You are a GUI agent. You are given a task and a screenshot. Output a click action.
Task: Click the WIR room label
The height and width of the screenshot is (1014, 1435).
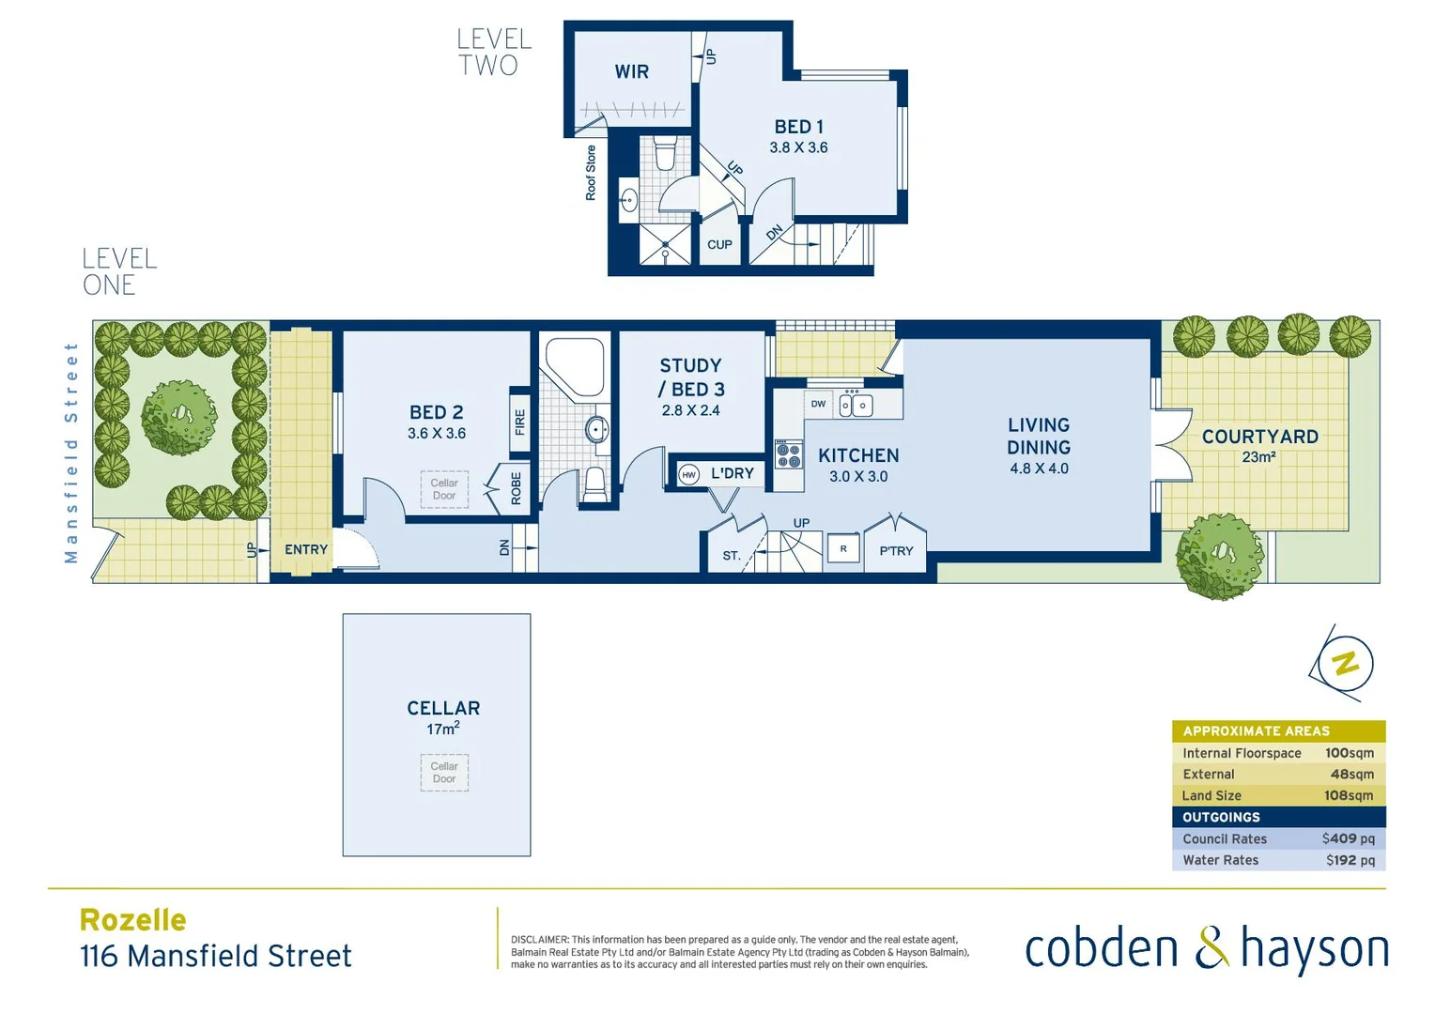coord(631,72)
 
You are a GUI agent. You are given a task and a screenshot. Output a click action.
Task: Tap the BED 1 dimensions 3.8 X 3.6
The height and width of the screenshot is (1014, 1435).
coord(798,148)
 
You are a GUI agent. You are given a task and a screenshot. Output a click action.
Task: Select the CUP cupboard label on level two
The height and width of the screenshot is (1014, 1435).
coord(719,245)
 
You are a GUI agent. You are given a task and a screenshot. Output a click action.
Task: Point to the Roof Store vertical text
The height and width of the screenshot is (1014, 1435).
coord(591,173)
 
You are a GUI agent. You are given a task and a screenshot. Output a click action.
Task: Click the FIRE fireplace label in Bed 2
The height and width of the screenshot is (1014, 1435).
coord(519,422)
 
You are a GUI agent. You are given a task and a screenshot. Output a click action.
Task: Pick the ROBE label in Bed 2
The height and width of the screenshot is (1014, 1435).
coord(516,488)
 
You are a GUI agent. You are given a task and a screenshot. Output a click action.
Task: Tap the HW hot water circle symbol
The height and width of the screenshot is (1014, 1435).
coord(689,475)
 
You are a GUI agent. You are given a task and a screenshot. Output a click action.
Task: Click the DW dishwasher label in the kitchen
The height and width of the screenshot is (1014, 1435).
coord(818,405)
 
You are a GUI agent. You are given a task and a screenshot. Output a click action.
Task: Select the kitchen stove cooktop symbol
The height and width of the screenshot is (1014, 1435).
coord(788,455)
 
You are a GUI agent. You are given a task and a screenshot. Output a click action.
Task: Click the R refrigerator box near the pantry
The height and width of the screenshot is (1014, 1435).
coord(843,549)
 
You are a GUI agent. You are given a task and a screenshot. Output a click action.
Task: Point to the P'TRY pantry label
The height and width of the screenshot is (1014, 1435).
coord(896,551)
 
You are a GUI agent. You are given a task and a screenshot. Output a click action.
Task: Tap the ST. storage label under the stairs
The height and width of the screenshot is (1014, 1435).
coord(732,556)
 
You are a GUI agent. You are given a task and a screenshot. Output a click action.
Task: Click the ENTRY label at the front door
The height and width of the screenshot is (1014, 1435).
coord(306,550)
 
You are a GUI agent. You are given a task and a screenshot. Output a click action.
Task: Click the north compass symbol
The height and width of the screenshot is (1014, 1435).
coord(1344,663)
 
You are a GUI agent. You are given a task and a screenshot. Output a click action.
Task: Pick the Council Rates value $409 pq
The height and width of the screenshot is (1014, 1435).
coord(1348,838)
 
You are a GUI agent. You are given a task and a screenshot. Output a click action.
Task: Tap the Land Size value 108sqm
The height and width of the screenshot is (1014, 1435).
coord(1348,795)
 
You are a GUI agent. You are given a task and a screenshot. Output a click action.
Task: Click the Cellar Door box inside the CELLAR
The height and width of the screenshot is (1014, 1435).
coord(444,773)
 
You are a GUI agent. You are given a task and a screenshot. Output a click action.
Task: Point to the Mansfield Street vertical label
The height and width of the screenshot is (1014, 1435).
coord(71,453)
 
